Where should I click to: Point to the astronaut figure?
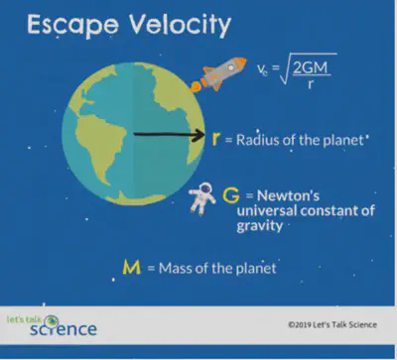pos(203,196)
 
